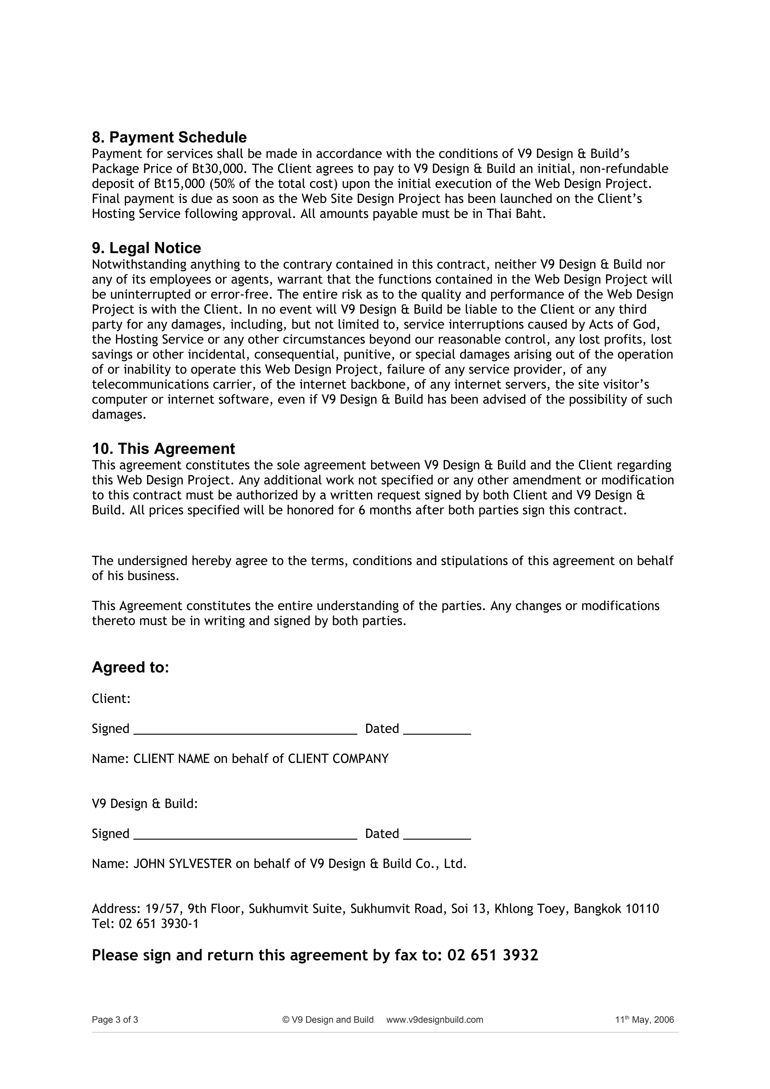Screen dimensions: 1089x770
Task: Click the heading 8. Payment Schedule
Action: [x=169, y=138]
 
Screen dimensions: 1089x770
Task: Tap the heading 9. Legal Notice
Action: [x=146, y=248]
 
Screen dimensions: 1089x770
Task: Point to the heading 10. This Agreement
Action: [x=163, y=449]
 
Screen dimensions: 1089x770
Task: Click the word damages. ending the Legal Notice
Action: [x=118, y=414]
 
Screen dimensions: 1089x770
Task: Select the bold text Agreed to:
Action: [x=130, y=667]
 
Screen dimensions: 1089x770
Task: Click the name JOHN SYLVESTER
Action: [x=183, y=864]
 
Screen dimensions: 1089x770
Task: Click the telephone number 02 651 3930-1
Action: [x=158, y=924]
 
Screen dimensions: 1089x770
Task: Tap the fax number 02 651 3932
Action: [x=493, y=955]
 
